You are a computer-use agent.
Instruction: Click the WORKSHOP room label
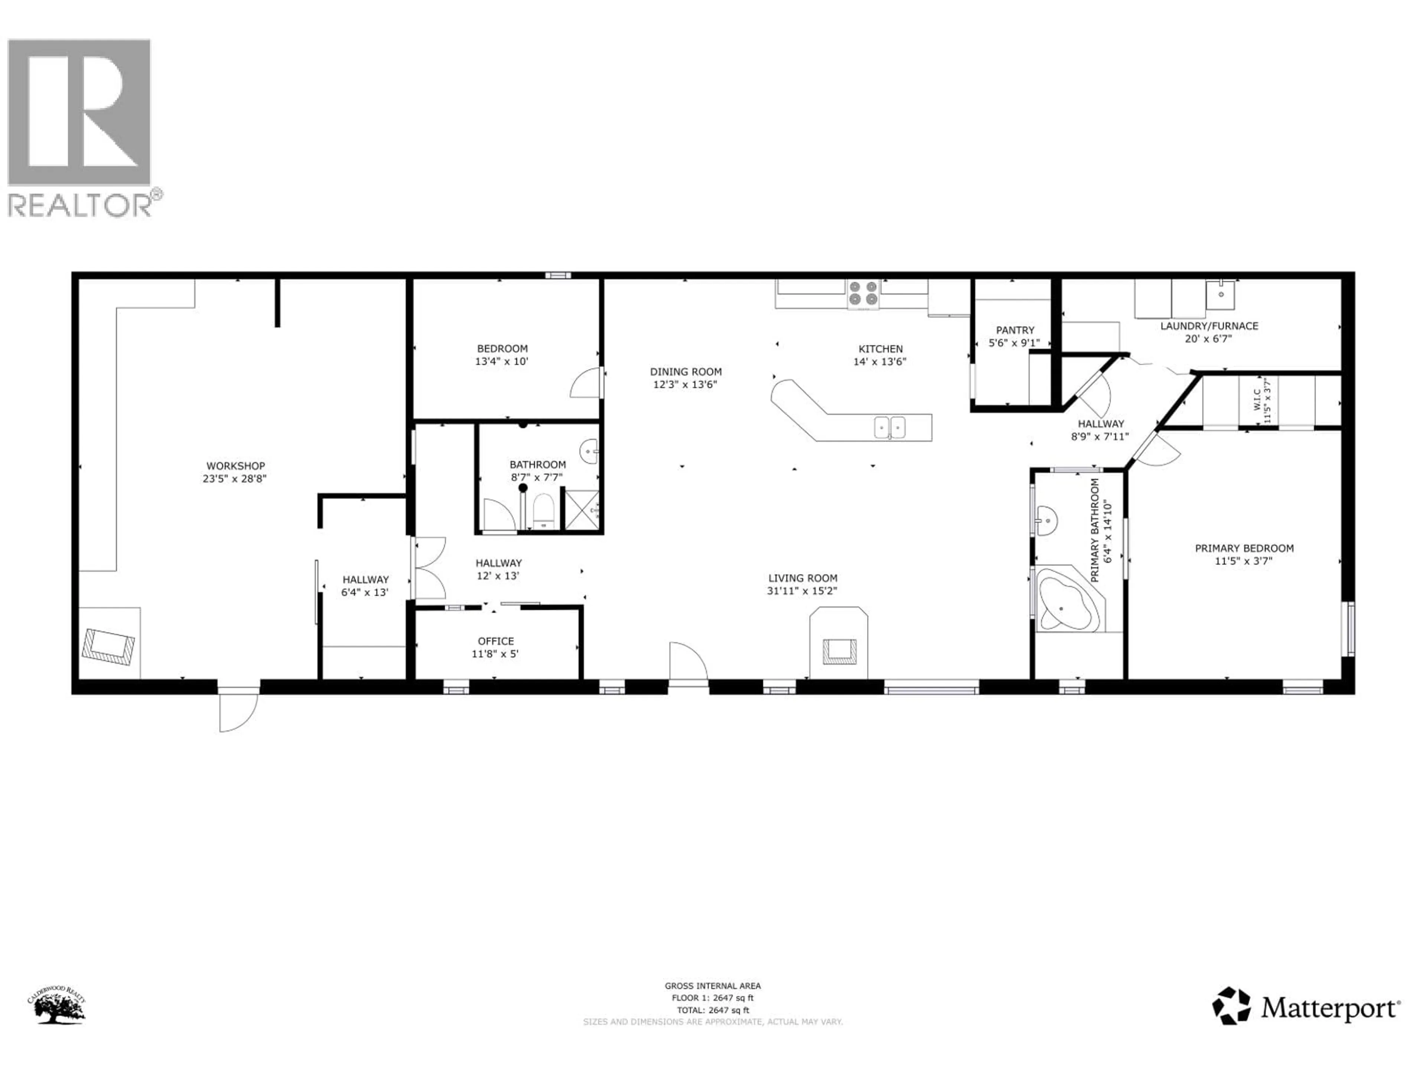[235, 466]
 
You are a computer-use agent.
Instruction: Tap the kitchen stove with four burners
[863, 294]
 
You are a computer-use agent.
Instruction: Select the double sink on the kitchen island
[890, 427]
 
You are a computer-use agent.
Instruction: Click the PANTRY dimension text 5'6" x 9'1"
[1014, 343]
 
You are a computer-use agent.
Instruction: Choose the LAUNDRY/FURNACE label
[1209, 326]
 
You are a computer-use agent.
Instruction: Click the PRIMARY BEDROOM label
[1244, 548]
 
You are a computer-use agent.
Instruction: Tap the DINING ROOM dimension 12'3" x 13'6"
[685, 385]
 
